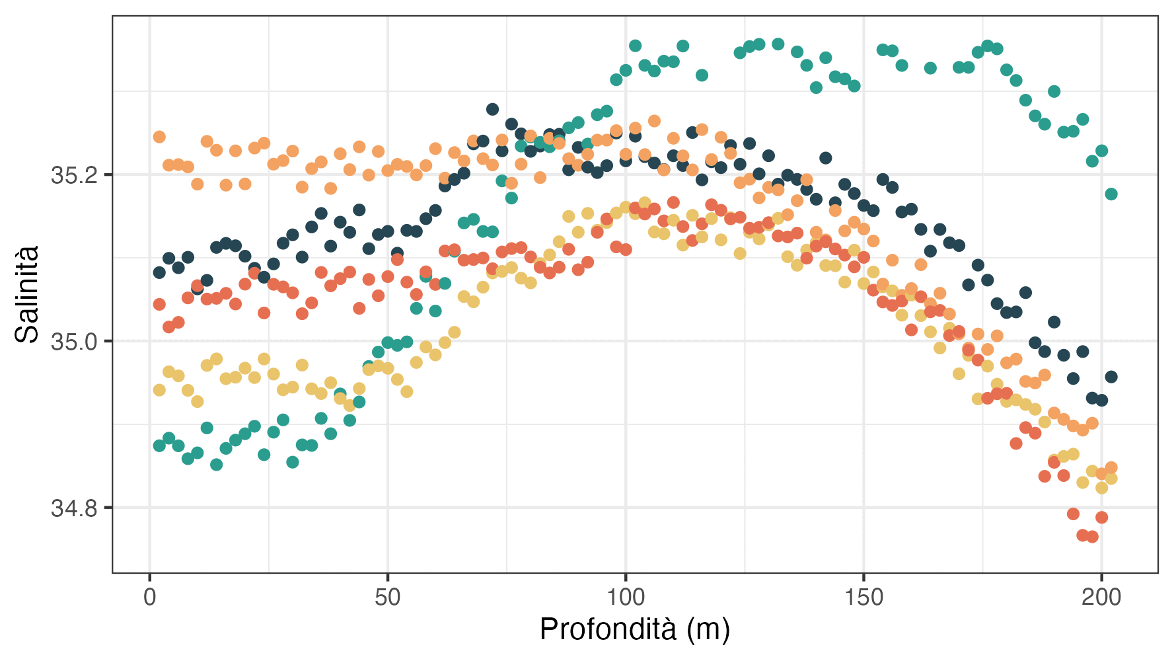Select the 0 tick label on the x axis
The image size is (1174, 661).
pyautogui.click(x=150, y=598)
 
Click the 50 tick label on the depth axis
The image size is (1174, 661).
pyautogui.click(x=388, y=598)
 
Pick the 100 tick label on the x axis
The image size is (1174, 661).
pyautogui.click(x=626, y=598)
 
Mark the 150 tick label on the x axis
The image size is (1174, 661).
pyautogui.click(x=863, y=598)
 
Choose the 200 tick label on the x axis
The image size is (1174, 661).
pyautogui.click(x=1101, y=598)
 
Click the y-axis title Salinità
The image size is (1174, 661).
pyautogui.click(x=28, y=294)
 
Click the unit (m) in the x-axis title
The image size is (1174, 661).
pyautogui.click(x=708, y=629)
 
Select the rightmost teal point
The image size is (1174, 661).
pyautogui.click(x=1111, y=194)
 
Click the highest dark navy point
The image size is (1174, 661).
pyautogui.click(x=492, y=109)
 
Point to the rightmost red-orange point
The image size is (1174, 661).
pyautogui.click(x=1101, y=517)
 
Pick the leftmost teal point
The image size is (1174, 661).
pyautogui.click(x=159, y=446)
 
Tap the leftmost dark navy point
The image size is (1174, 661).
pyautogui.click(x=159, y=272)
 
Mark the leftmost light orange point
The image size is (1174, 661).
pyautogui.click(x=159, y=137)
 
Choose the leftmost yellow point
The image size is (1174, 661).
pyautogui.click(x=159, y=390)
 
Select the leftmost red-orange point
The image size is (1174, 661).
pyautogui.click(x=159, y=304)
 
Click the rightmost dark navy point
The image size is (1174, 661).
pyautogui.click(x=1111, y=377)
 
